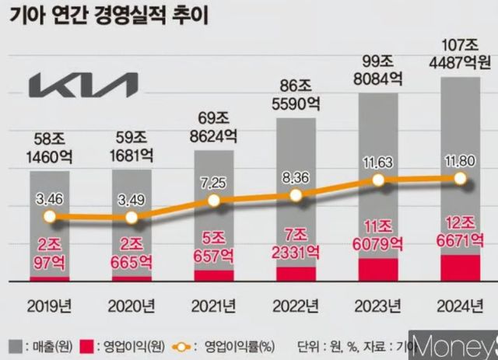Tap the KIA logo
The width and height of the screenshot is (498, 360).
pyautogui.click(x=82, y=85)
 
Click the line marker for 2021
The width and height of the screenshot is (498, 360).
pyautogui.click(x=214, y=200)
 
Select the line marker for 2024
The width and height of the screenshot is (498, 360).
pyautogui.click(x=460, y=179)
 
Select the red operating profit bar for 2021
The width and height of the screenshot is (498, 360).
pyautogui.click(x=214, y=275)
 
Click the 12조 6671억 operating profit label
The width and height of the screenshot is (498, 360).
pyautogui.click(x=459, y=231)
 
